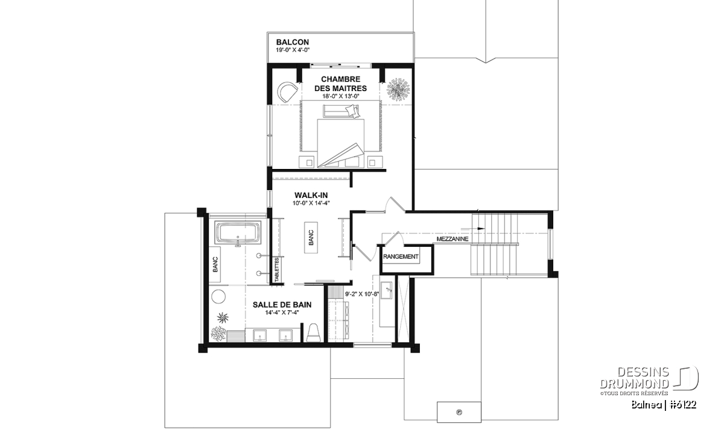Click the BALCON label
point(292,42)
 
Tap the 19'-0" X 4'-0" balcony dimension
point(293,50)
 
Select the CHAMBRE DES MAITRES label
point(340,84)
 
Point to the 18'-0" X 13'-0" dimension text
point(341,97)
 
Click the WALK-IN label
point(311,195)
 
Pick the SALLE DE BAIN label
point(282,305)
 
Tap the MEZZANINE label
point(452,239)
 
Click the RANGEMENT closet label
point(401,256)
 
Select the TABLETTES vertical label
point(277,270)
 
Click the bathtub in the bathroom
point(238,233)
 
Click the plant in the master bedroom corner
point(398,89)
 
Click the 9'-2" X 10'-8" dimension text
point(362,294)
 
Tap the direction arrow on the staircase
point(472,229)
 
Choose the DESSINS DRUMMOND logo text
point(634,378)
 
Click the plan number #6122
point(682,405)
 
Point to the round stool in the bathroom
point(218,296)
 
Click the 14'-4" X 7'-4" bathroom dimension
point(282,313)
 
